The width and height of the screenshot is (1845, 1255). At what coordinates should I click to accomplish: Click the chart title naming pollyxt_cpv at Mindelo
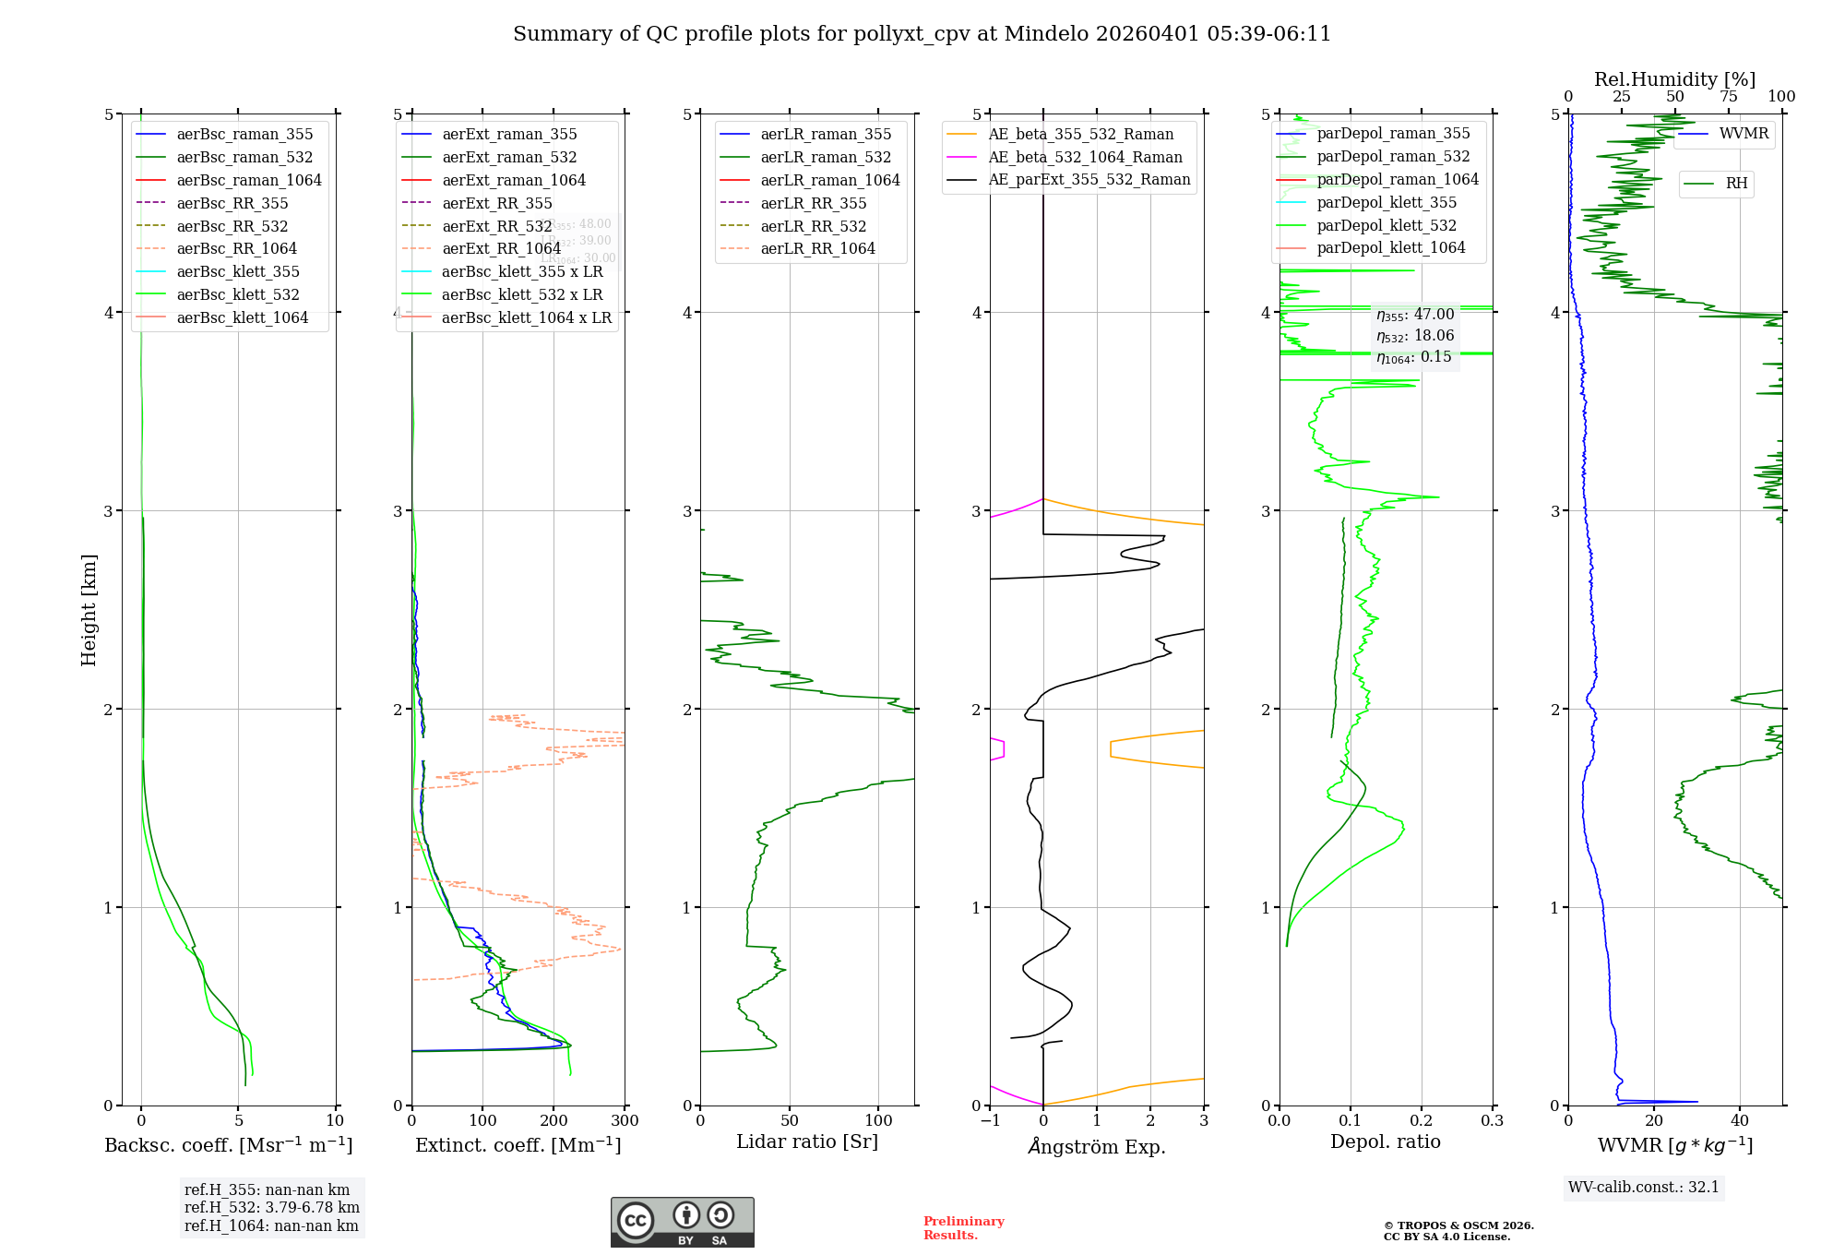point(922,34)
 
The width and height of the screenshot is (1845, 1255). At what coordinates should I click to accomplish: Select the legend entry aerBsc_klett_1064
point(242,317)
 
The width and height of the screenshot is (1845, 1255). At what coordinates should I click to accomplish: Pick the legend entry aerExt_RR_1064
point(501,248)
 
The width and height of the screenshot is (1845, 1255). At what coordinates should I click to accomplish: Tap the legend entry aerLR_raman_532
point(826,157)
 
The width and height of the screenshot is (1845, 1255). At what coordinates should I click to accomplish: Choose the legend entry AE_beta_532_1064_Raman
point(1085,157)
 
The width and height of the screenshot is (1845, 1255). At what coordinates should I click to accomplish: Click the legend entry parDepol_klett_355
point(1387,202)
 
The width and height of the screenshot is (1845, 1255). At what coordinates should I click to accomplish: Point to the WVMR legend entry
point(1744,134)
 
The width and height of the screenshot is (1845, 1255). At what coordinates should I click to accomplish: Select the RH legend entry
point(1736,184)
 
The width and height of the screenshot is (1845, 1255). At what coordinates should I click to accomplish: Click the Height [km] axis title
point(89,609)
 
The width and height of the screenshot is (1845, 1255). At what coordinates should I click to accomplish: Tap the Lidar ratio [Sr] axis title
point(807,1141)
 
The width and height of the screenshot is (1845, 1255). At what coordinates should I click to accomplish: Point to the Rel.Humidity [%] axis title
point(1674,79)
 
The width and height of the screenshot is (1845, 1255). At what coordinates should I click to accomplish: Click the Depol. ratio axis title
point(1385,1141)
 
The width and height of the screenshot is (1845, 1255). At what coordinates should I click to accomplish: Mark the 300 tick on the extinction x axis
point(625,1121)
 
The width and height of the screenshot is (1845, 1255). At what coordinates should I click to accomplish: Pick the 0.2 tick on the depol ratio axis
point(1422,1121)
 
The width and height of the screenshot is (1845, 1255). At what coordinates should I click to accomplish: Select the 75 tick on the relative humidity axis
point(1729,97)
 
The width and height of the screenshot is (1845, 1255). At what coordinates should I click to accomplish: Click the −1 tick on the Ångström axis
point(990,1121)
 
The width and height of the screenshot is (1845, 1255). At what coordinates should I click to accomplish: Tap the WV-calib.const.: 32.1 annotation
point(1644,1187)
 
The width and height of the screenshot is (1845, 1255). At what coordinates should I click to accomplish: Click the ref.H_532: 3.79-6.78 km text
point(271,1207)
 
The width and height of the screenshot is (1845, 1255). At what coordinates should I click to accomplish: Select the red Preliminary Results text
point(963,1228)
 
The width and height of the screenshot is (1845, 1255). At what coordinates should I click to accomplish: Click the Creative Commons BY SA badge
point(682,1222)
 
